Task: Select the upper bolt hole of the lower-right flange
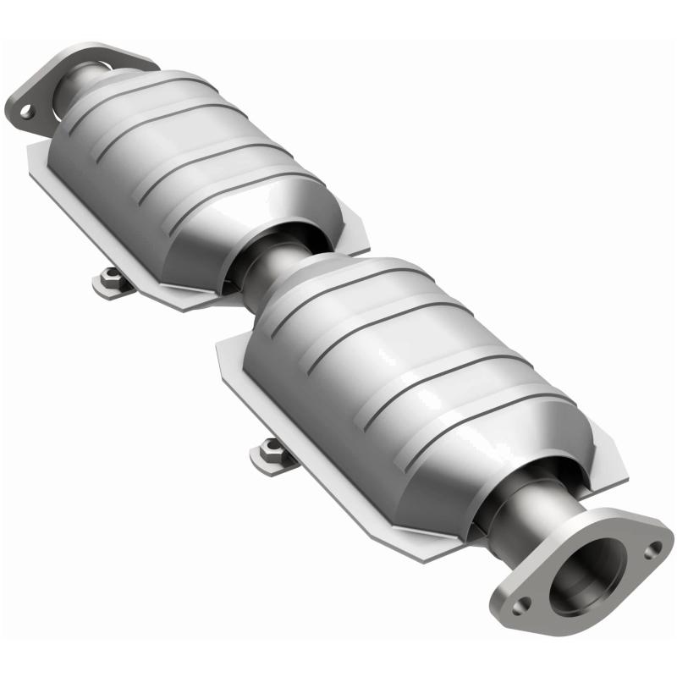pos(652,550)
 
